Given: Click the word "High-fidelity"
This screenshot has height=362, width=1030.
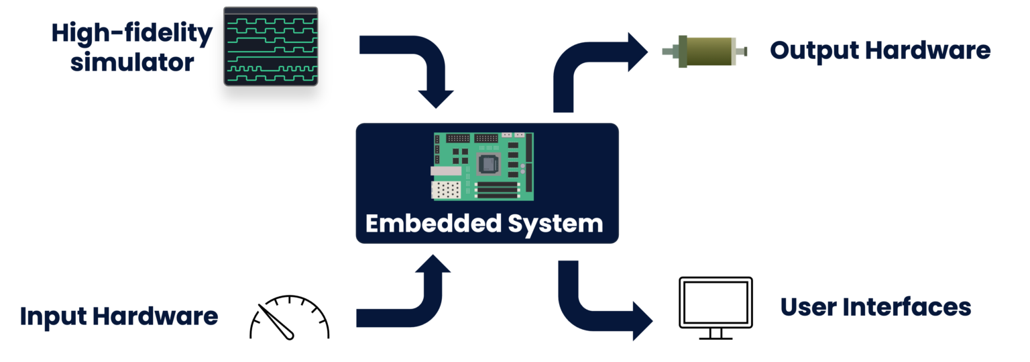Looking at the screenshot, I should pos(132,34).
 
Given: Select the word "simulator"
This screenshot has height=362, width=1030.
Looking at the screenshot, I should pos(132,62).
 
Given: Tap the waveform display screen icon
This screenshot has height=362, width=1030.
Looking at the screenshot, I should pos(270,46).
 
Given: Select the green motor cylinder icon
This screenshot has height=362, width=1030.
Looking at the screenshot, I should pos(704,51).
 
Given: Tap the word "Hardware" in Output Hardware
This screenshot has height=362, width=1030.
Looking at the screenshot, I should pos(927,50).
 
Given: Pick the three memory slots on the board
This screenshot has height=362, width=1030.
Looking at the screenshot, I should pos(498,190).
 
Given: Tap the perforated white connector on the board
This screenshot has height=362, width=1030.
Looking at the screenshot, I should pos(445,190).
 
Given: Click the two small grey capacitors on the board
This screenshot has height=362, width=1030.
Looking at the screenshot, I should pos(522,169).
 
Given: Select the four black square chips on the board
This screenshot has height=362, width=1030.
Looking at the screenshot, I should pos(459,156).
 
